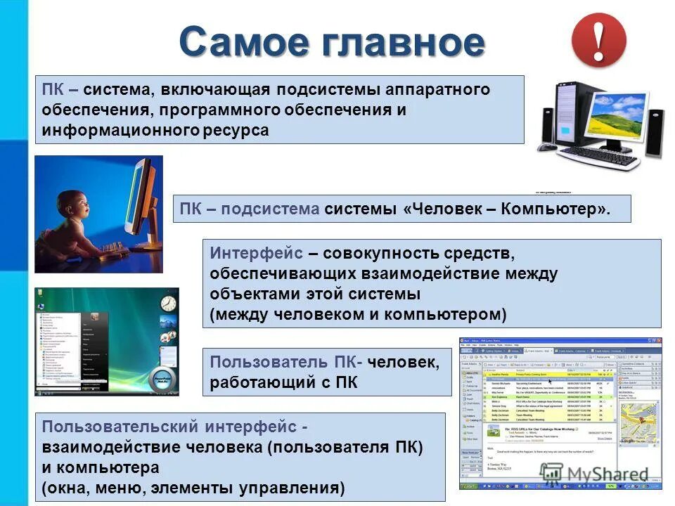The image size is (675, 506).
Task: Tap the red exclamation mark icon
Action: [598, 41]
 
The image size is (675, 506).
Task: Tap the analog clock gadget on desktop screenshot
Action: [167, 304]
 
